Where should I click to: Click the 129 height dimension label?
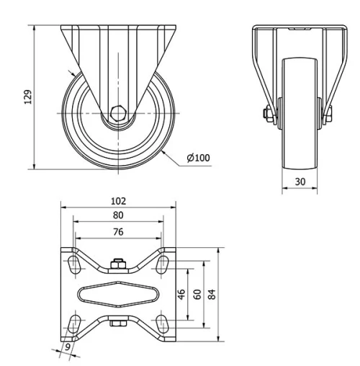27,97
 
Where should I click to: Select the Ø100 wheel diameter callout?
198,158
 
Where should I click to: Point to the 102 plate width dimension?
118,201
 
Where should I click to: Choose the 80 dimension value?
118,215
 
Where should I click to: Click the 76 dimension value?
118,231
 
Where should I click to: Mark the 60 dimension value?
196,294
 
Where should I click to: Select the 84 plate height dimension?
210,294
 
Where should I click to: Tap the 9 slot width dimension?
67,347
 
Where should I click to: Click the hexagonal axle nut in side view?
120,113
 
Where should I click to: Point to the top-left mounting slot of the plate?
73,264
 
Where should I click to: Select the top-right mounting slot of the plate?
163,264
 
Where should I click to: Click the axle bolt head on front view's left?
267,112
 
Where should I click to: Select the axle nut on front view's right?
329,114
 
